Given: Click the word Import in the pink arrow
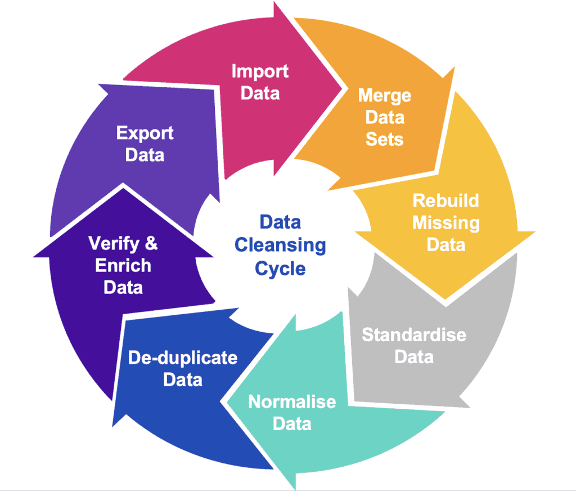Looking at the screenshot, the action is point(260,72).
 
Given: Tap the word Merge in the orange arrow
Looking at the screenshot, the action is point(385,96).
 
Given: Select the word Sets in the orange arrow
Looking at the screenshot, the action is point(384,139).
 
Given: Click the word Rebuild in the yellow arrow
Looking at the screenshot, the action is point(445,201).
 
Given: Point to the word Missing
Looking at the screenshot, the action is point(446,224).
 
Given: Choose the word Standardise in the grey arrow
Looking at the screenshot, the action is point(414,334).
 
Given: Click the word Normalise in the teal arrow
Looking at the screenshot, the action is point(292,401).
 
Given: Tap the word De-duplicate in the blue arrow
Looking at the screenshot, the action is point(183,358).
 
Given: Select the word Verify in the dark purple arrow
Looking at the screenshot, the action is point(114,244).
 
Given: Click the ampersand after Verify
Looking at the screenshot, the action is point(151,243).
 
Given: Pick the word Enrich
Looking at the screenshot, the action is point(123,266).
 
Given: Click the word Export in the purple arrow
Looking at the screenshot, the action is point(145,133).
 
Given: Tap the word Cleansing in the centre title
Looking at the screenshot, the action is point(280,245).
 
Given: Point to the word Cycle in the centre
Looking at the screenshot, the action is point(280,269).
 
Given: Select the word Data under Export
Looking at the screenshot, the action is point(145,155).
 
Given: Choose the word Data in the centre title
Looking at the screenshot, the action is point(280,222).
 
